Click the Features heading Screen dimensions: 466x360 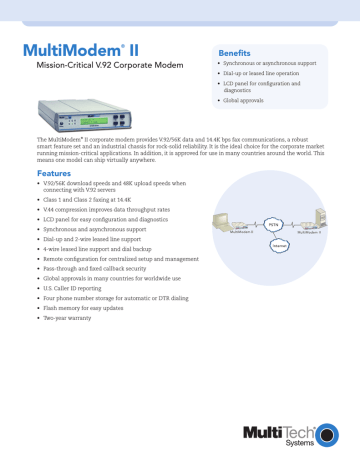click(x=51, y=173)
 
